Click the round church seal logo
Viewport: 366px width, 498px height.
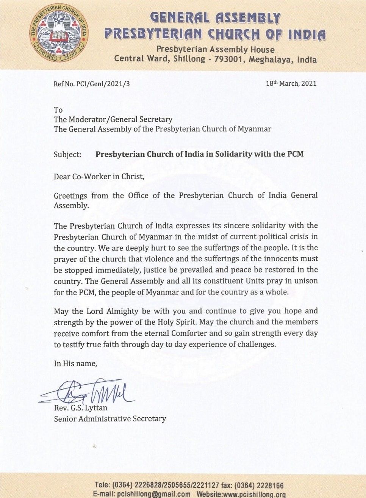click(59, 33)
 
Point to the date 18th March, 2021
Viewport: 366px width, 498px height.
click(291, 83)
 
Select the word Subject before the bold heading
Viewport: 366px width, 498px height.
click(67, 154)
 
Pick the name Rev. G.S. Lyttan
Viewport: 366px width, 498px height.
click(80, 408)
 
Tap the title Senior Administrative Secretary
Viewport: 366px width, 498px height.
click(110, 419)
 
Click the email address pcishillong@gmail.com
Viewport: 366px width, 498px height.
click(154, 494)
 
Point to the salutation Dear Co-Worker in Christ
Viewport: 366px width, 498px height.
click(99, 177)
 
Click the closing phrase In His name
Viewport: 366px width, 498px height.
click(75, 363)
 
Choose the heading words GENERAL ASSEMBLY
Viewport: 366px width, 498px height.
click(215, 18)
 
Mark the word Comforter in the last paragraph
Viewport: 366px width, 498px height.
click(189, 334)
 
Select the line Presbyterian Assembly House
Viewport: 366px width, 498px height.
click(215, 49)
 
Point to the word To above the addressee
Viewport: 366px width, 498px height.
click(58, 110)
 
